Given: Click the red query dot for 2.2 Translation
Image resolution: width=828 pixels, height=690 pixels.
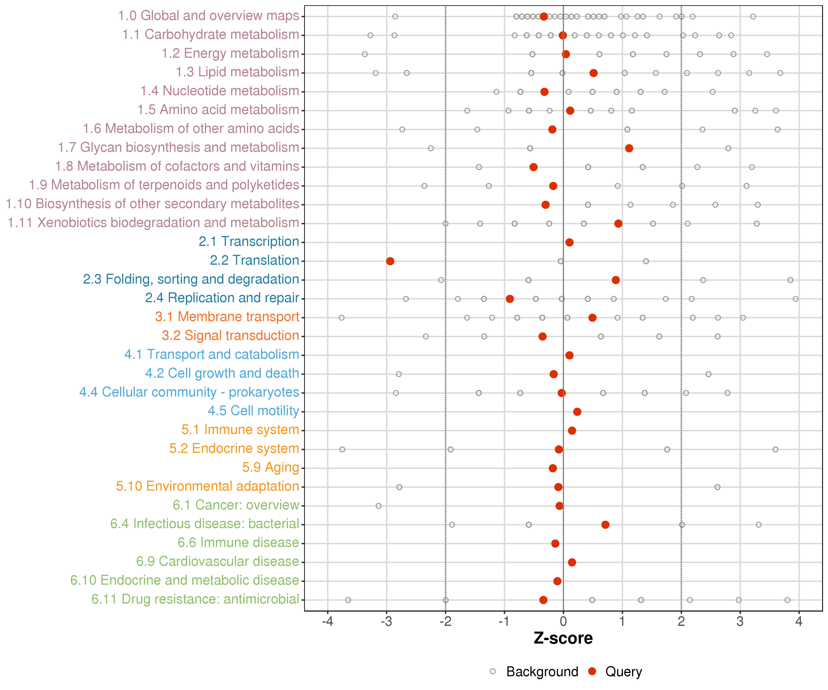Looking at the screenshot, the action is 390,261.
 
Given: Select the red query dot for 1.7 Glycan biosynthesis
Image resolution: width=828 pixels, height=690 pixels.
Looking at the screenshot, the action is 629,148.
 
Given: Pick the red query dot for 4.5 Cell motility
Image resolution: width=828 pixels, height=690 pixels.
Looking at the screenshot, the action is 577,412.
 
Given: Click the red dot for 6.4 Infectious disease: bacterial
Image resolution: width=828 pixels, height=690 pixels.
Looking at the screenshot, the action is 605,524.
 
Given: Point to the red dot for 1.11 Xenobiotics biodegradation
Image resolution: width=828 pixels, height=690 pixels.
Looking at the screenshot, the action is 618,224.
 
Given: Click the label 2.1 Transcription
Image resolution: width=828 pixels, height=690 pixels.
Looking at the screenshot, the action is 249,241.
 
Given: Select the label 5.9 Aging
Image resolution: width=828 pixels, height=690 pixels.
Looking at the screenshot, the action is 270,467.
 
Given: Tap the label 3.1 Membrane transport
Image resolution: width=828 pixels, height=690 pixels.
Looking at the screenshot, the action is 227,317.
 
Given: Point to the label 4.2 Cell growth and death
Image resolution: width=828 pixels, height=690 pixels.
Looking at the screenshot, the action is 222,373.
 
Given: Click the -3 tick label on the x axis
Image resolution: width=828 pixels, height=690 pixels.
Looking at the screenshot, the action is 386,622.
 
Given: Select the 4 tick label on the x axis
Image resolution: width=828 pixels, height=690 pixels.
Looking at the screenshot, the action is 799,622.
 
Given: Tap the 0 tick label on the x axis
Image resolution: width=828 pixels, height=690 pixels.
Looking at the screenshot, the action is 563,622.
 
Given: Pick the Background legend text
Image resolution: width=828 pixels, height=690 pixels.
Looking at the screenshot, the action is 542,671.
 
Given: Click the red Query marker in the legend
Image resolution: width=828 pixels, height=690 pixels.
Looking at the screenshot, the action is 592,671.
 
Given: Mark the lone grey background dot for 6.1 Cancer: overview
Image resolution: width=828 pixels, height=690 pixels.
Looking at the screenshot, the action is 379,506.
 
